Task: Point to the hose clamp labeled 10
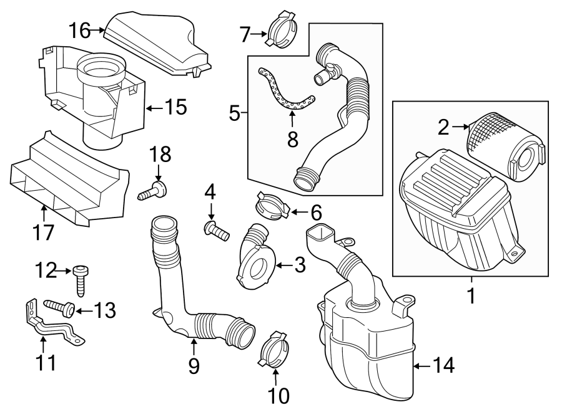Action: point(272,350)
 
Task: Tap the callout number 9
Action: point(194,366)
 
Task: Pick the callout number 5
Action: point(234,113)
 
